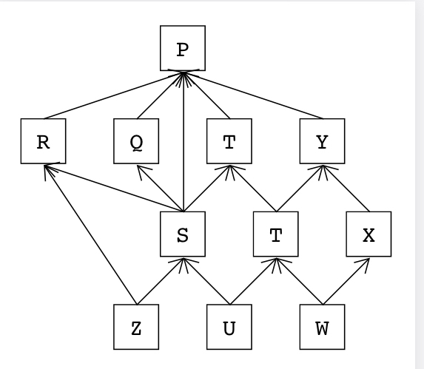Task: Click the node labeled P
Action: pos(183,49)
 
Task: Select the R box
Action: pos(44,141)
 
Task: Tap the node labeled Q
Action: pos(137,141)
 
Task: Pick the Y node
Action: pos(322,141)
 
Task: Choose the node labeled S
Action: pos(183,234)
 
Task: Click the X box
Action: pos(369,234)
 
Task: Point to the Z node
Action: pos(136,328)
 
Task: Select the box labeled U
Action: pos(229,328)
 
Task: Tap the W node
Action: pos(322,328)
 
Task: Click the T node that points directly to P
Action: pos(229,141)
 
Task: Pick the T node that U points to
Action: pos(275,234)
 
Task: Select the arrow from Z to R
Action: pos(90,234)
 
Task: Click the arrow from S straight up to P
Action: pos(183,141)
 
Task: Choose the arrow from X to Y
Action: pos(345,188)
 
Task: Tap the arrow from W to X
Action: pos(345,281)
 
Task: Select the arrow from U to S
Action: pos(206,281)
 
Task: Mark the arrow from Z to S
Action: pos(160,281)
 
